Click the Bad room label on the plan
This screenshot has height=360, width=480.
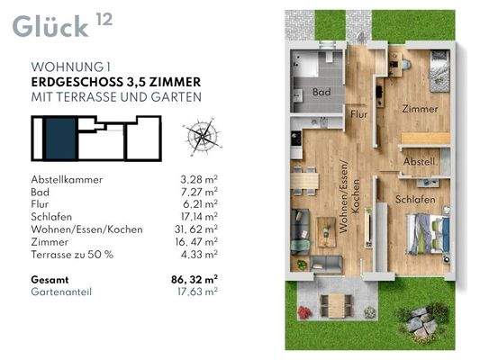point(322,92)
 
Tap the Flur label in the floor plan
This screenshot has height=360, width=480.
point(358,114)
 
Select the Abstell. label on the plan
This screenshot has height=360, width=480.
point(420,161)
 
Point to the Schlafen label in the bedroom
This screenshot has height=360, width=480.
point(415,200)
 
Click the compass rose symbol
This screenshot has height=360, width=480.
point(203,136)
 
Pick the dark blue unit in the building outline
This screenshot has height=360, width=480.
point(60,139)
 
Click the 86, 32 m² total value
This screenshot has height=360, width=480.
point(195,280)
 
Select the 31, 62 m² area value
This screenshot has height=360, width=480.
point(196,229)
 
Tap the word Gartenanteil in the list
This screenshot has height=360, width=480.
point(61,292)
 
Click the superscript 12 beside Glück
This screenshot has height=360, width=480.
point(104,19)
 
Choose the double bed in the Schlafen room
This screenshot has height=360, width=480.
point(428,234)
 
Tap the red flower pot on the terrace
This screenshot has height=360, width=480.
point(304,313)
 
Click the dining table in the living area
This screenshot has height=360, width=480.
point(304,181)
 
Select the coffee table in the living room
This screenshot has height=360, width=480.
point(326,232)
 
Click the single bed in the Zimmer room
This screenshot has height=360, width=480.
point(439,71)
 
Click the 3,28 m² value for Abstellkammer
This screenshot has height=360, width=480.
point(199,179)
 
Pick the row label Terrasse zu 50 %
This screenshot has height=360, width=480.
point(72,255)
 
